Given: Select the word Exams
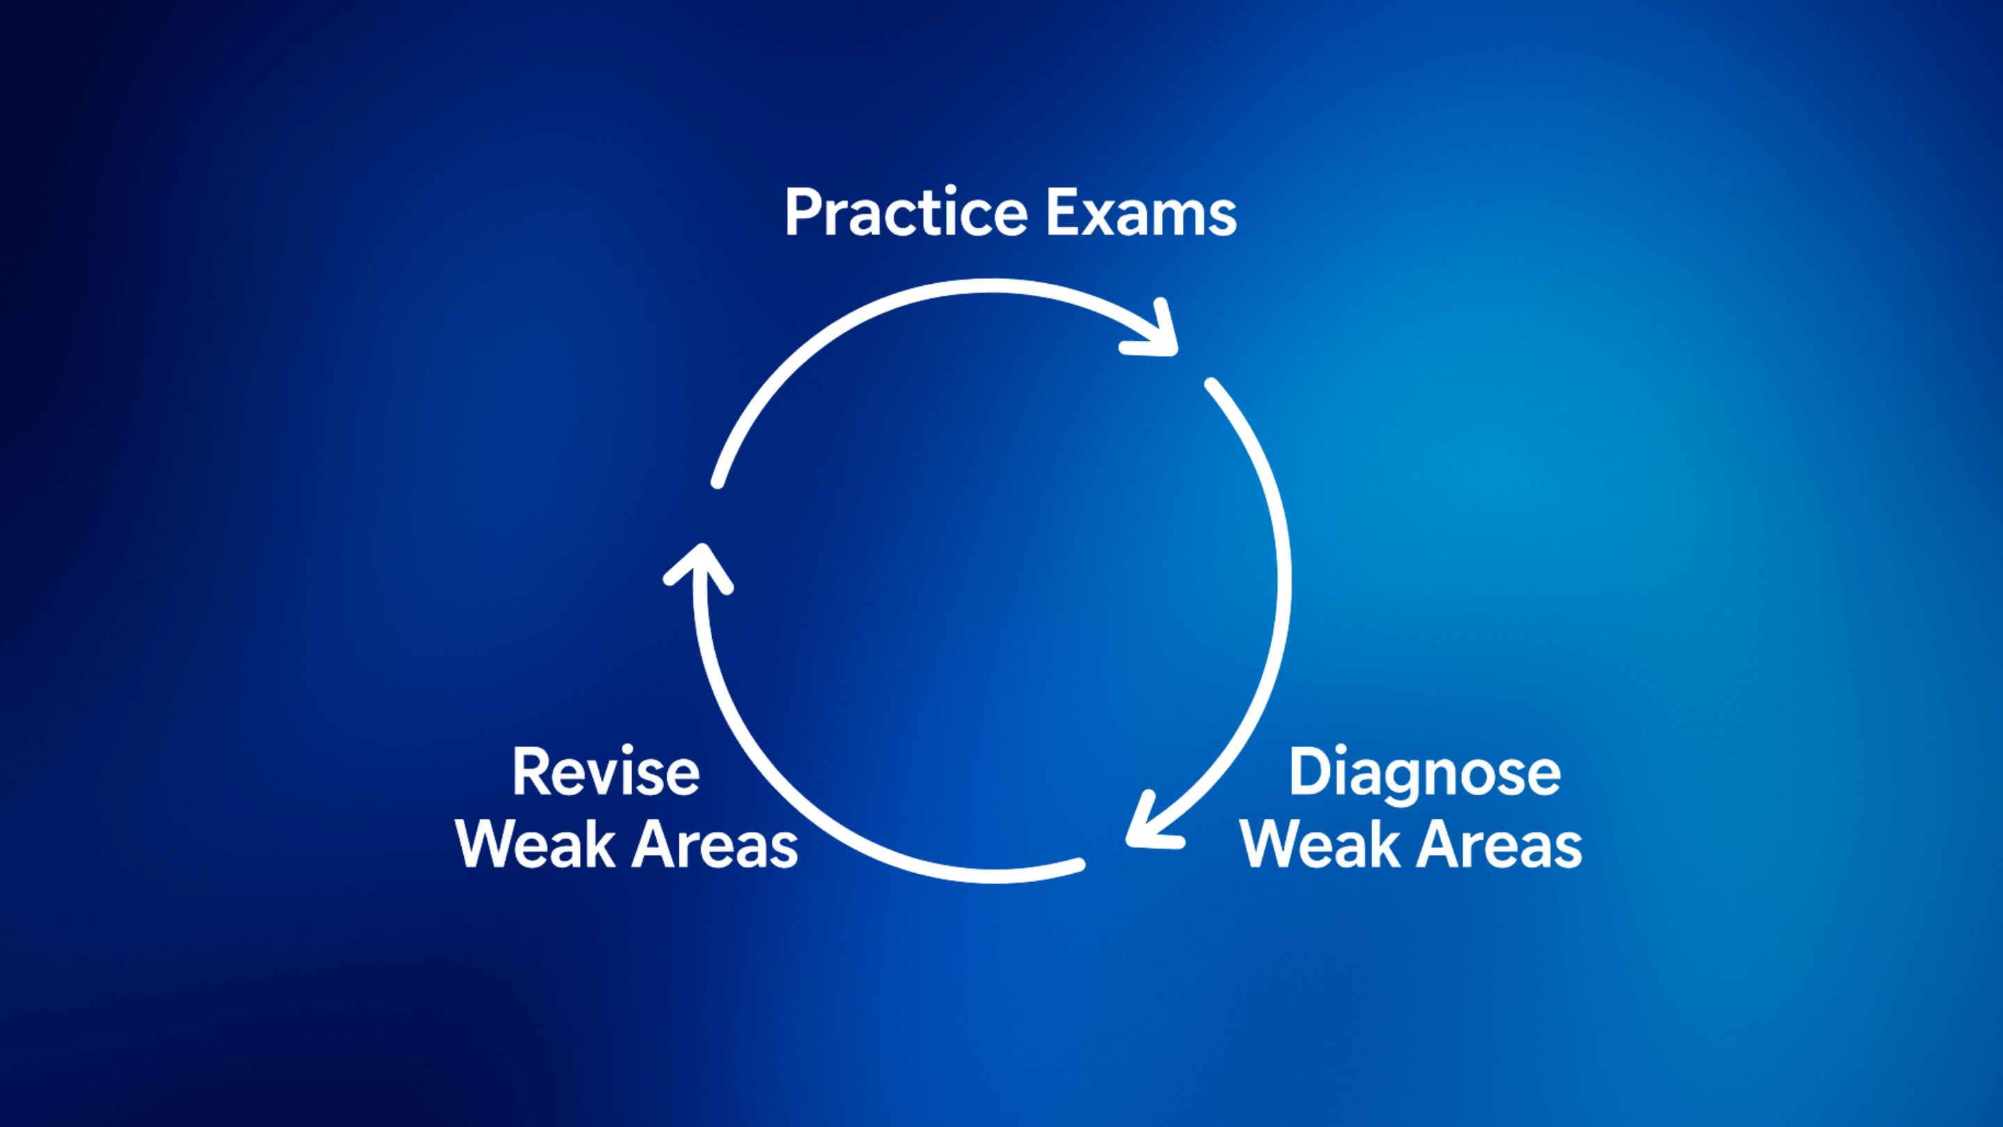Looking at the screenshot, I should (x=1141, y=212).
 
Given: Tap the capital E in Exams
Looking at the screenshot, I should (x=1063, y=212).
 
